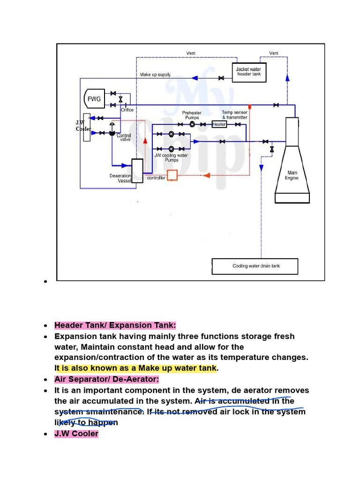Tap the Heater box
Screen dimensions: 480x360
(x=219, y=124)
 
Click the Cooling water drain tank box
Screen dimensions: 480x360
(x=256, y=266)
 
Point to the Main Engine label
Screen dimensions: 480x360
(x=291, y=175)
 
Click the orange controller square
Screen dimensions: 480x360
(x=172, y=175)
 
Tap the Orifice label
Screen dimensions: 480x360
(x=127, y=110)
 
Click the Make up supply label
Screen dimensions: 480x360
(x=155, y=75)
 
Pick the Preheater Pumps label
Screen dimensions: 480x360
(x=191, y=115)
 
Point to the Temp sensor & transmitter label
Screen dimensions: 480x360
(x=234, y=115)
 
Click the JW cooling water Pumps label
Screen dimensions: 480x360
(x=171, y=157)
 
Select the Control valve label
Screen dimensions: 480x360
(x=124, y=137)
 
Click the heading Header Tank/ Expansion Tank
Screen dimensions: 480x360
(x=115, y=325)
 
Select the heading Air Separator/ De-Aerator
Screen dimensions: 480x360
(x=107, y=379)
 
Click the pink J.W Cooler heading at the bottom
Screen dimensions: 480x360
(x=76, y=433)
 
